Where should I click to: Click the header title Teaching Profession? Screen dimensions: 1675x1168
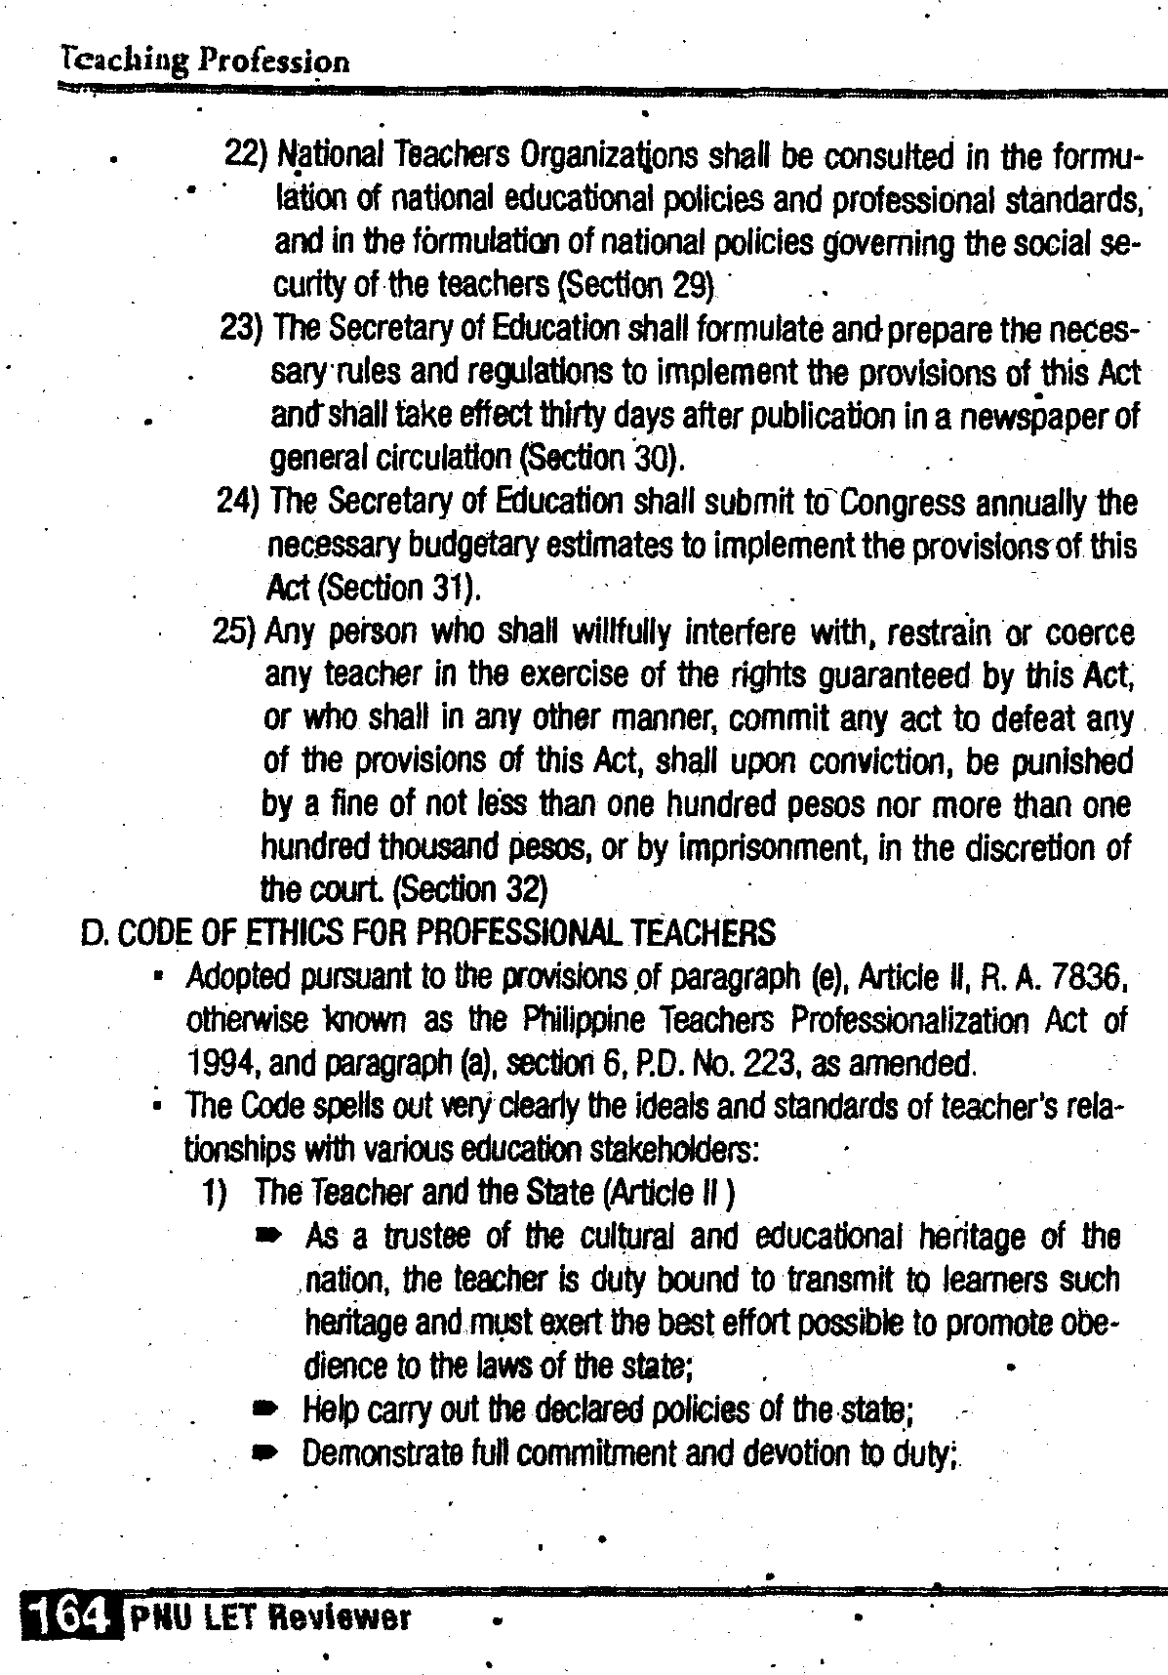point(203,61)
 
